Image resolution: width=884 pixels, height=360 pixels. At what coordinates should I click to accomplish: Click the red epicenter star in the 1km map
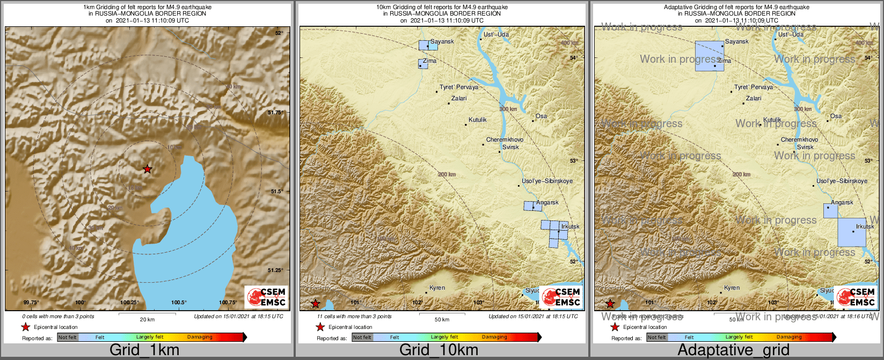point(147,169)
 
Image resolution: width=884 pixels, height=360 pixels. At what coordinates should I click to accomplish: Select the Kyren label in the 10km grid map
point(437,288)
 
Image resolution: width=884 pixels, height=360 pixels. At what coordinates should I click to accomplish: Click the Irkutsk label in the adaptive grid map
point(865,226)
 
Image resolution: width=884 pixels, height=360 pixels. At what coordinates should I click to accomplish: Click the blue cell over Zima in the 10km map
point(423,64)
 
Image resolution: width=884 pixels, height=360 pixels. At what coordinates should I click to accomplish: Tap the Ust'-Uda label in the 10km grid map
point(496,34)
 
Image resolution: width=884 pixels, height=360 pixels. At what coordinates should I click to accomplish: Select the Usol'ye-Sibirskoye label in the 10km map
point(547,181)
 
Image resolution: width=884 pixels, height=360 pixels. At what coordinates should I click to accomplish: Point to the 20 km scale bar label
point(147,320)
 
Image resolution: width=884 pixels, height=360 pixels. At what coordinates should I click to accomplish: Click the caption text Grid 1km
point(144,350)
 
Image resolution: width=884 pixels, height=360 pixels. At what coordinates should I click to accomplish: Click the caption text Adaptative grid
point(733,350)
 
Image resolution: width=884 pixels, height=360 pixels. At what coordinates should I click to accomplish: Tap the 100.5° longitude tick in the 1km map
point(179,303)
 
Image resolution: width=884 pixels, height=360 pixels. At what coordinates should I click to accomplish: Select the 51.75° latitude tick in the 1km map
point(274,112)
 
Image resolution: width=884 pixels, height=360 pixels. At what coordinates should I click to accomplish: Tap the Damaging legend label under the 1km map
point(200,337)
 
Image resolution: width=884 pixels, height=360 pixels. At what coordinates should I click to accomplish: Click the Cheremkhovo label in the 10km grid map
point(505,139)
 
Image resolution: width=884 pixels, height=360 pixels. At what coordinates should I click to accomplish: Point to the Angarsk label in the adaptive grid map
point(842,202)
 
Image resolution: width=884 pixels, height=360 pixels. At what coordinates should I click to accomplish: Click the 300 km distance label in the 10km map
point(508,109)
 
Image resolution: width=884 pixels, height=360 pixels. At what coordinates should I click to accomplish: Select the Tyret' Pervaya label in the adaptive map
point(753,87)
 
